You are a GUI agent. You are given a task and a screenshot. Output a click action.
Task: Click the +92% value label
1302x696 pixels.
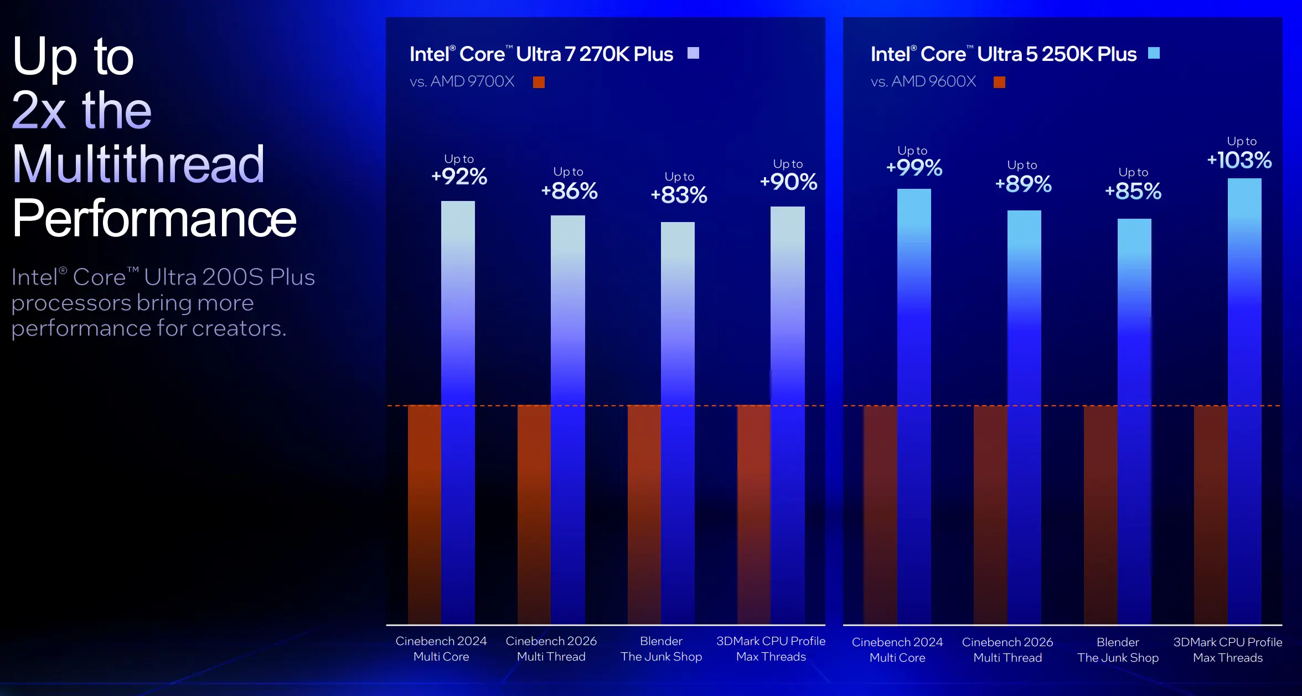pos(459,177)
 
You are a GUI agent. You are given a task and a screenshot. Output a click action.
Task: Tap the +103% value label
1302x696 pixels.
pos(1239,161)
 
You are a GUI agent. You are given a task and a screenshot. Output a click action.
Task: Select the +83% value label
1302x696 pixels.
pos(679,195)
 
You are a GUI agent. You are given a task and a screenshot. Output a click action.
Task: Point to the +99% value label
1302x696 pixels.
pos(914,168)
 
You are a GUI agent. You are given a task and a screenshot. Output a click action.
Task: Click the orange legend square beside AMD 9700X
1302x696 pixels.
pos(539,83)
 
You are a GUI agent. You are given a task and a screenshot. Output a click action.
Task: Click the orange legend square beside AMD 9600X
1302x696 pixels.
pos(999,83)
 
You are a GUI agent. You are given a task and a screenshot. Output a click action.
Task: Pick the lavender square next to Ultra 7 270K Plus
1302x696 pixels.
pos(693,53)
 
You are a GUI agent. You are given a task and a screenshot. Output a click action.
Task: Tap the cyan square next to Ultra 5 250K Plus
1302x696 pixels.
pos(1154,53)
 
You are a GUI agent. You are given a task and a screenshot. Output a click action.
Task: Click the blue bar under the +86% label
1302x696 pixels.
pos(567,421)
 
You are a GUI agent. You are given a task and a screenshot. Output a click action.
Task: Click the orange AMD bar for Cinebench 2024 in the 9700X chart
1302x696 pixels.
pos(425,515)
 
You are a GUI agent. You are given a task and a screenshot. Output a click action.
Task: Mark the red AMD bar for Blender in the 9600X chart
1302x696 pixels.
pos(1100,515)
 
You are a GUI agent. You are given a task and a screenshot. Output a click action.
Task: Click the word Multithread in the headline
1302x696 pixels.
pos(138,164)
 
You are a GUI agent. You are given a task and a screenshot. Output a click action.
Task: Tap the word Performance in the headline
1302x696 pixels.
pos(154,219)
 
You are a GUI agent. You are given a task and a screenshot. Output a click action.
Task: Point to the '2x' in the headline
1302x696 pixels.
pos(39,111)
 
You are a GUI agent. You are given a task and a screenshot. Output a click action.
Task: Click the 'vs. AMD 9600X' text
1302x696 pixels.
pos(923,82)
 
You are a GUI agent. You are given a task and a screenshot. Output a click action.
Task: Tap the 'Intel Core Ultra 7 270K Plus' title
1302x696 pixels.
pos(541,54)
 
